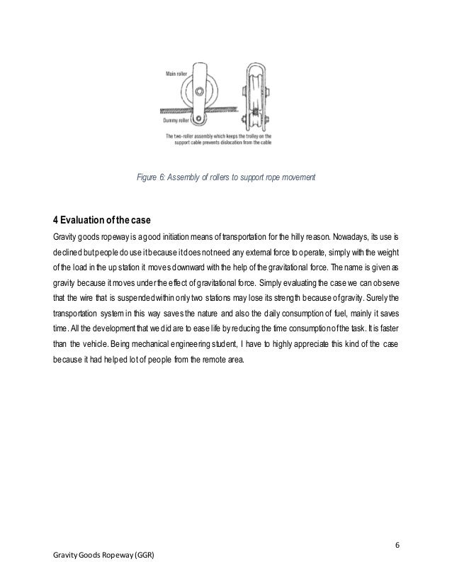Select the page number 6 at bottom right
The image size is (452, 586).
[x=397, y=545]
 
